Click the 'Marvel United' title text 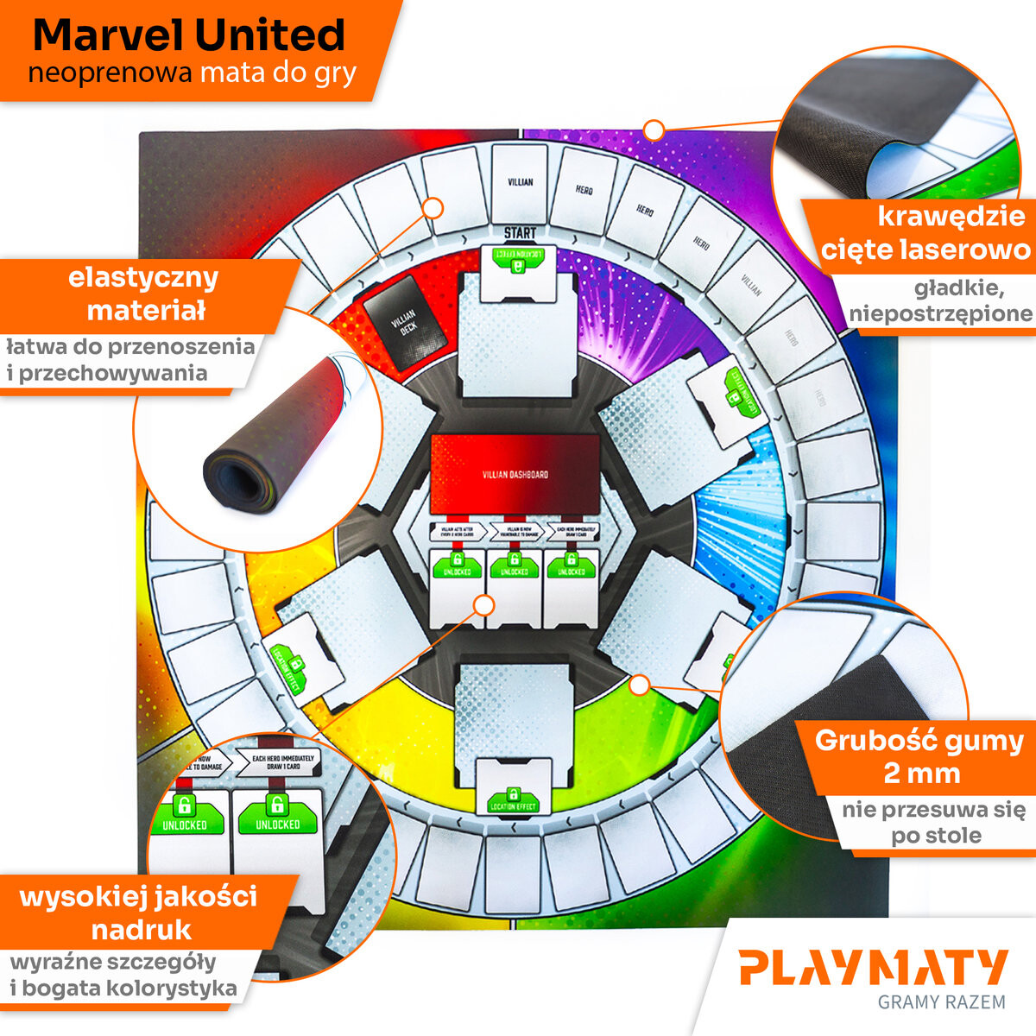[x=188, y=35]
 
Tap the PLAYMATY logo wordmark [x=873, y=968]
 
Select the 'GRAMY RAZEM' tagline [x=941, y=1002]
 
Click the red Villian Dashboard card [x=515, y=474]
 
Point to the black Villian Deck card [x=402, y=321]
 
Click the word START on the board [x=520, y=233]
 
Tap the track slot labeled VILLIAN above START [x=520, y=183]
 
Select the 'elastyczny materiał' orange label [x=144, y=294]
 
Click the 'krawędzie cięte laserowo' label [x=925, y=233]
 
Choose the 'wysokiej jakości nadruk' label [x=139, y=913]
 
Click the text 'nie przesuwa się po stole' [x=934, y=823]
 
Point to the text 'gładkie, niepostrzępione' [x=941, y=300]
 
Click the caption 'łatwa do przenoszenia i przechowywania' [x=129, y=360]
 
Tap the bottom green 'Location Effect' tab [x=513, y=801]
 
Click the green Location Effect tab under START [x=516, y=260]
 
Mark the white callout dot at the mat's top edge [x=654, y=130]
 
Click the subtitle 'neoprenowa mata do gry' [x=192, y=73]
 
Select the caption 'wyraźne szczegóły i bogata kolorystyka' [x=123, y=975]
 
